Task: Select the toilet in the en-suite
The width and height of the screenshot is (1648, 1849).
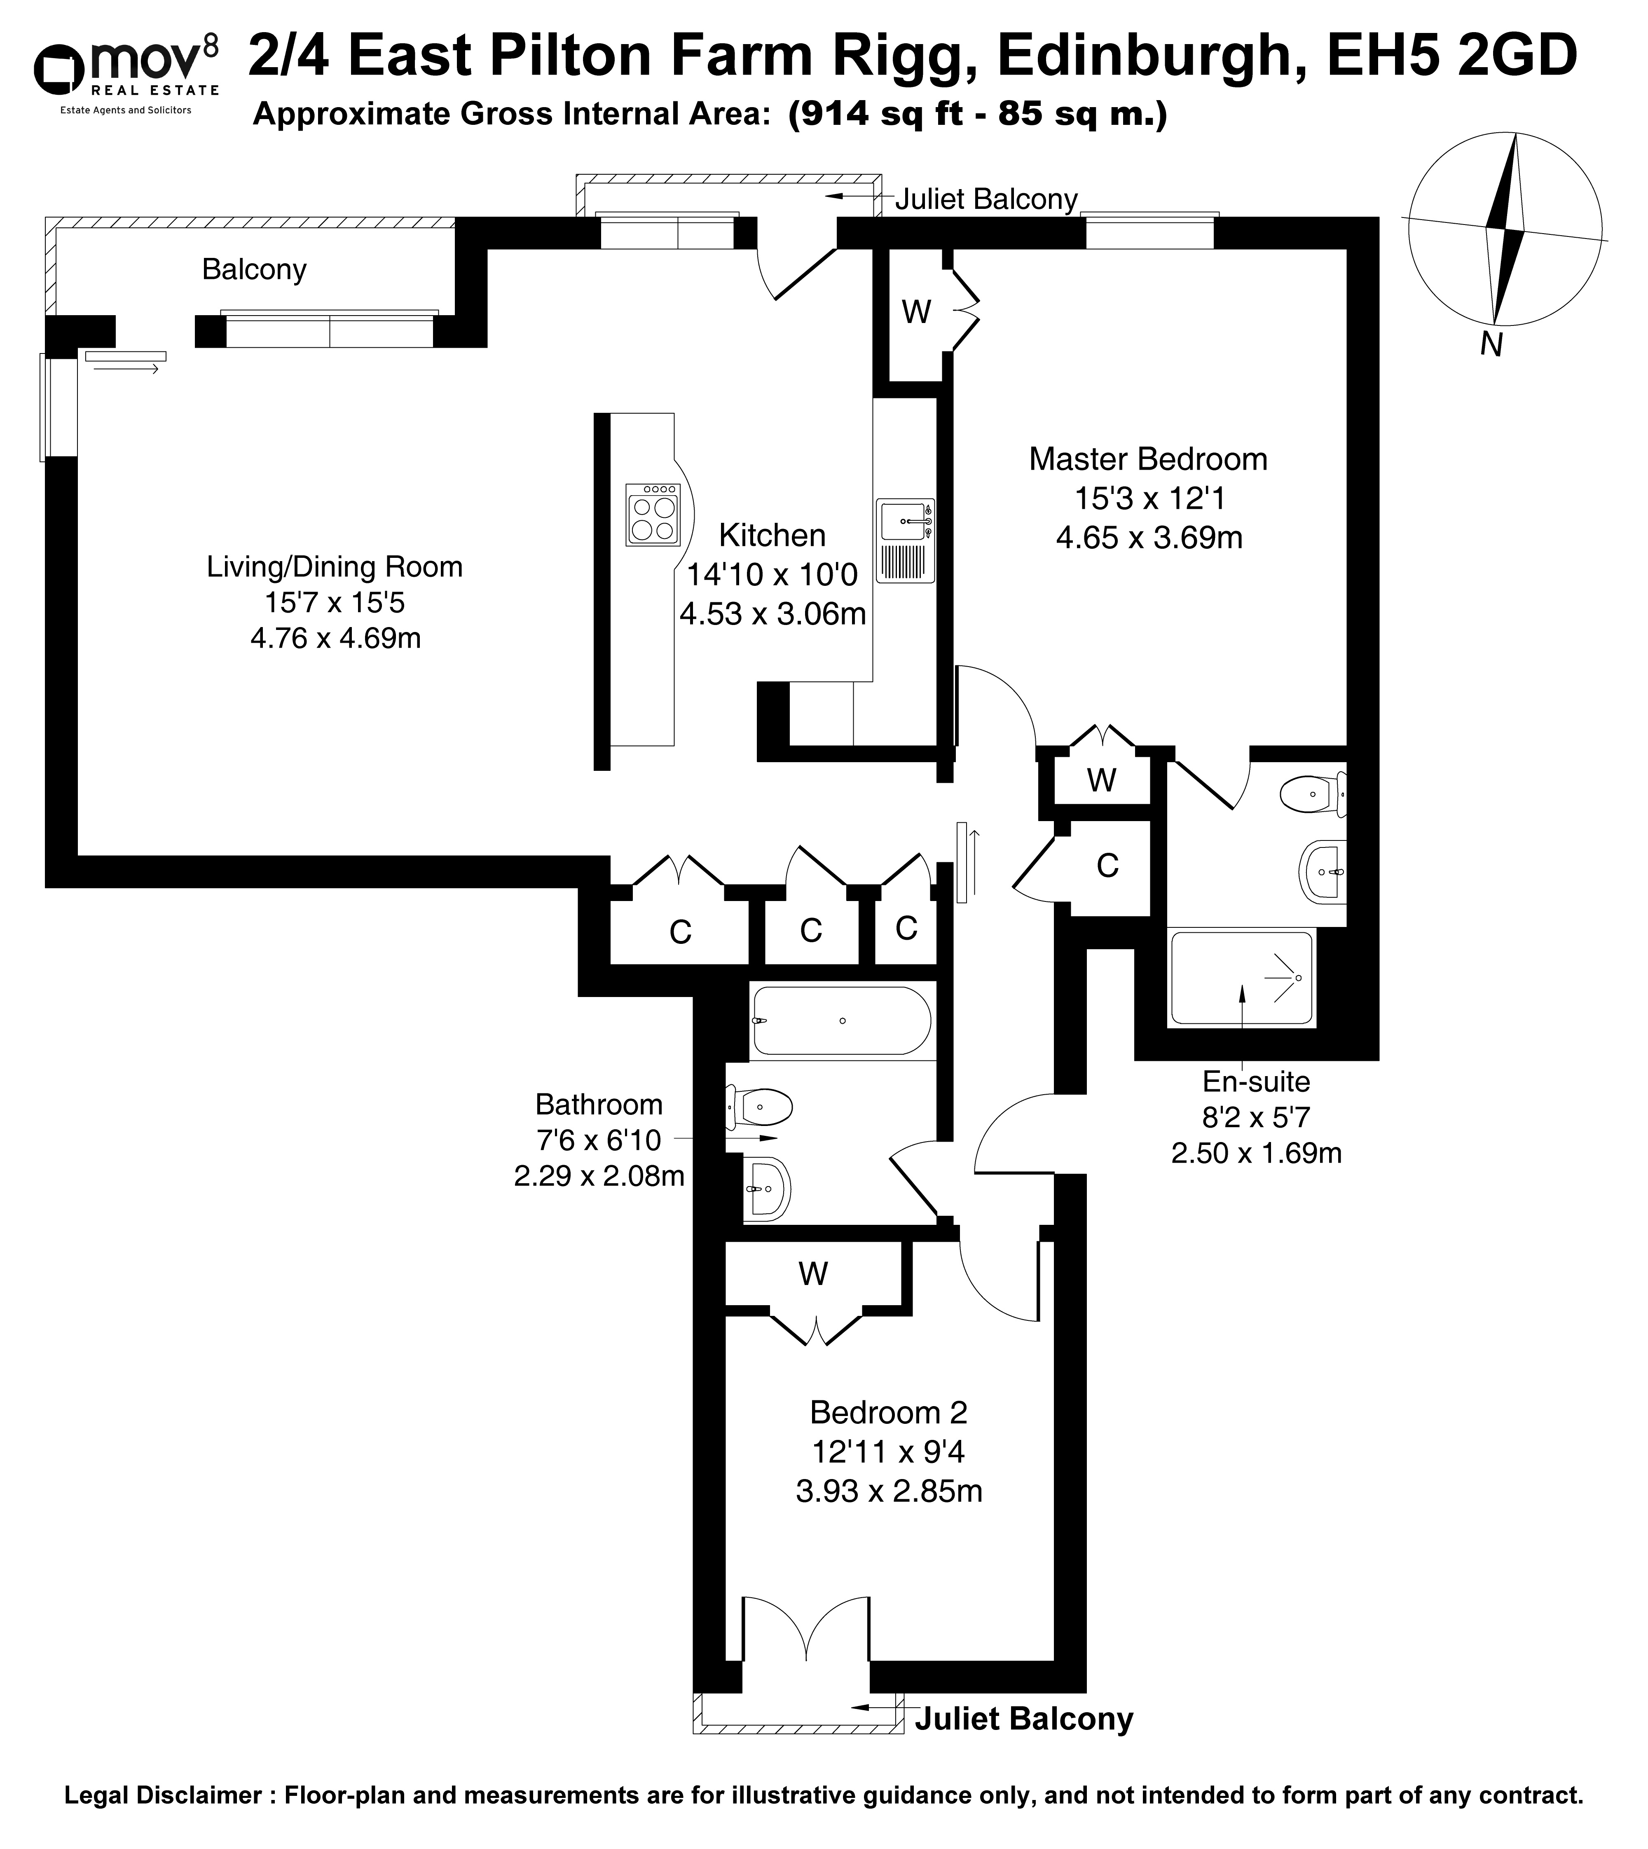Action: pos(1314,794)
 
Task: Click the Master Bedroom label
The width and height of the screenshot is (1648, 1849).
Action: pos(1148,459)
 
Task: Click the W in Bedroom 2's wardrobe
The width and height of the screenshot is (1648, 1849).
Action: pos(813,1274)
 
